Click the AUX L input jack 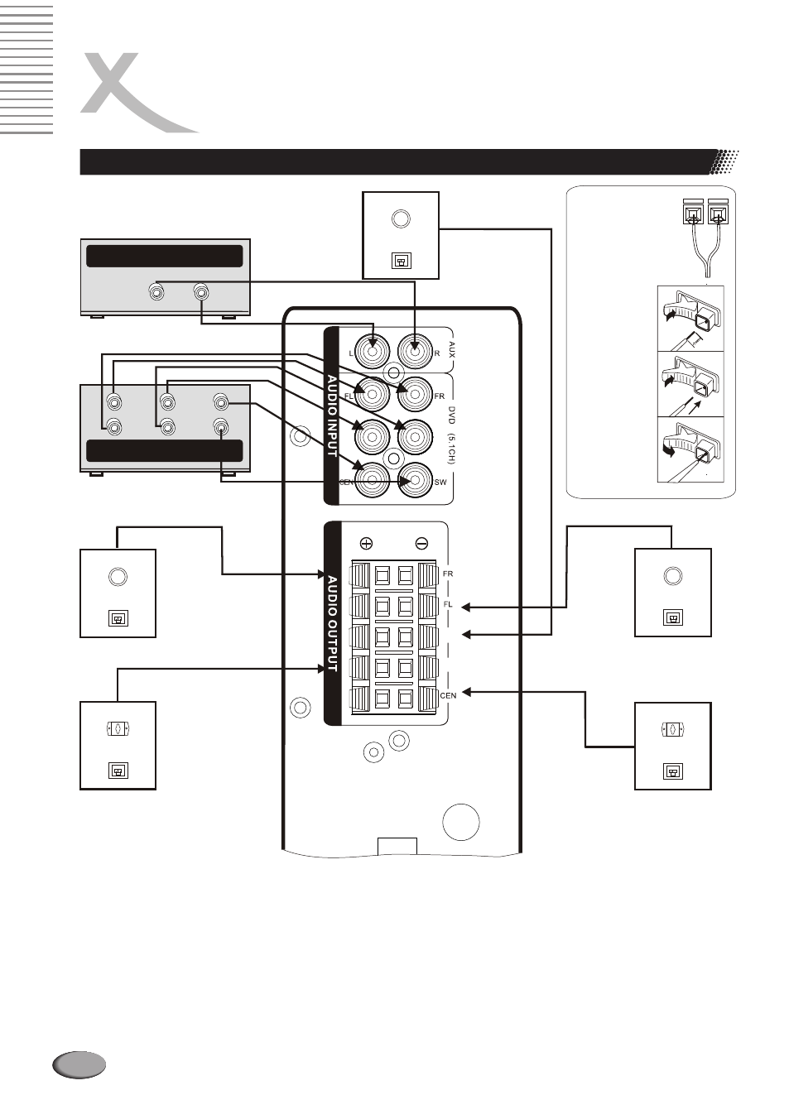point(372,351)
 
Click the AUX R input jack point(415,351)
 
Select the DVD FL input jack point(372,394)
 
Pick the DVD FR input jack point(415,394)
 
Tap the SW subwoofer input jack point(415,481)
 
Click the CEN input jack point(372,481)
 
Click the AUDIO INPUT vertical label point(332,415)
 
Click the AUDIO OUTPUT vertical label point(332,624)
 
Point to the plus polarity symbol point(366,543)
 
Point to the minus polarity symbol point(421,543)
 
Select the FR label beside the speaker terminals point(448,574)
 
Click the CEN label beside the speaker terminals point(448,695)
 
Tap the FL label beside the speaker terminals point(448,604)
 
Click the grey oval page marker point(79,1064)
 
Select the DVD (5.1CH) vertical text point(451,435)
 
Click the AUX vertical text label point(452,349)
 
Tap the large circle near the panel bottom point(460,822)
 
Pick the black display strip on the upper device point(165,256)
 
